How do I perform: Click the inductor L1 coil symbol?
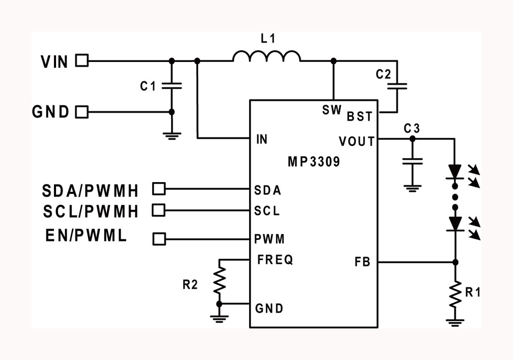click(x=267, y=56)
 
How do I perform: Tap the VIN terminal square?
click(x=82, y=60)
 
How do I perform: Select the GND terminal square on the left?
click(x=82, y=112)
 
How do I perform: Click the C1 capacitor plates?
click(x=172, y=86)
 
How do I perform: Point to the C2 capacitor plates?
click(x=397, y=87)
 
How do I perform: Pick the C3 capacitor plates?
click(x=412, y=161)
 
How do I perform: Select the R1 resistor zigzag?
click(x=455, y=294)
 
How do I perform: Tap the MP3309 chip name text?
click(x=314, y=161)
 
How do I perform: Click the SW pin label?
click(x=332, y=110)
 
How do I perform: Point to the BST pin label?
click(x=360, y=116)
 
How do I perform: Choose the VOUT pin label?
click(x=356, y=142)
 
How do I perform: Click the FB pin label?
click(x=362, y=262)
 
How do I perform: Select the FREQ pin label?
click(x=275, y=260)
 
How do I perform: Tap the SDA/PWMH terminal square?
click(x=159, y=189)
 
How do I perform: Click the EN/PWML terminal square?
click(x=159, y=239)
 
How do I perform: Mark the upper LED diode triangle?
click(x=455, y=171)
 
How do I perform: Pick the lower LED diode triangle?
click(x=455, y=224)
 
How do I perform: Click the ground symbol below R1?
click(x=455, y=323)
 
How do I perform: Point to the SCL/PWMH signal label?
click(x=91, y=212)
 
